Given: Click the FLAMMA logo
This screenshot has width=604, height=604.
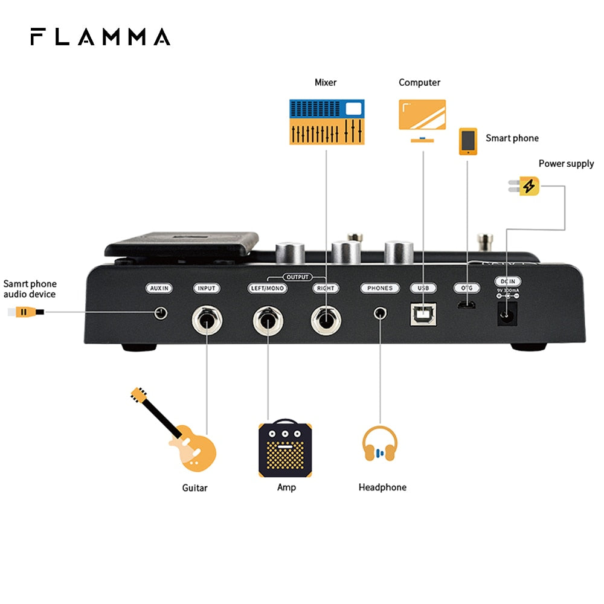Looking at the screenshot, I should (x=100, y=37).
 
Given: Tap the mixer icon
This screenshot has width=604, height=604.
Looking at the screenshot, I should (x=327, y=122).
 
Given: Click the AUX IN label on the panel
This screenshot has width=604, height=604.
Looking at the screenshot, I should (x=160, y=288).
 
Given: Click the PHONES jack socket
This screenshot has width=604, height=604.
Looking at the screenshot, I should (x=381, y=313).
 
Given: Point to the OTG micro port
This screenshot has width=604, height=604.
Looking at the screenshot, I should (x=466, y=305).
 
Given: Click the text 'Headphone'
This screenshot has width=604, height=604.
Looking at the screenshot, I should (x=382, y=487).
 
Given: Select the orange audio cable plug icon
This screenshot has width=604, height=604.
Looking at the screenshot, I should (x=24, y=312).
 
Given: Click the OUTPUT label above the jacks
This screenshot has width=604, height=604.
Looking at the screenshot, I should (x=297, y=277).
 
